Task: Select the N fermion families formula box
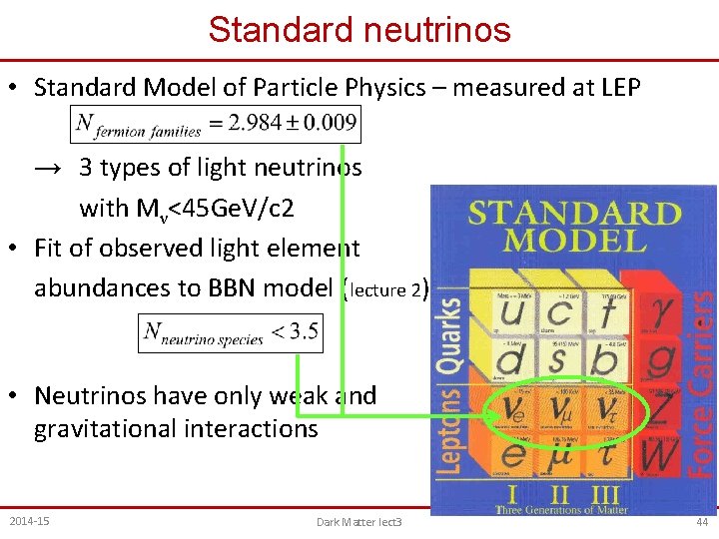[216, 125]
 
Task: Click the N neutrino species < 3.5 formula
[231, 333]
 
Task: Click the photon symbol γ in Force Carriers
[662, 317]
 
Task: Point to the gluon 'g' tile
[661, 361]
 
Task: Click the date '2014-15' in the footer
[30, 521]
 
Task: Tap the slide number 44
[702, 521]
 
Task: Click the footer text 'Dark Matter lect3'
[359, 522]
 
